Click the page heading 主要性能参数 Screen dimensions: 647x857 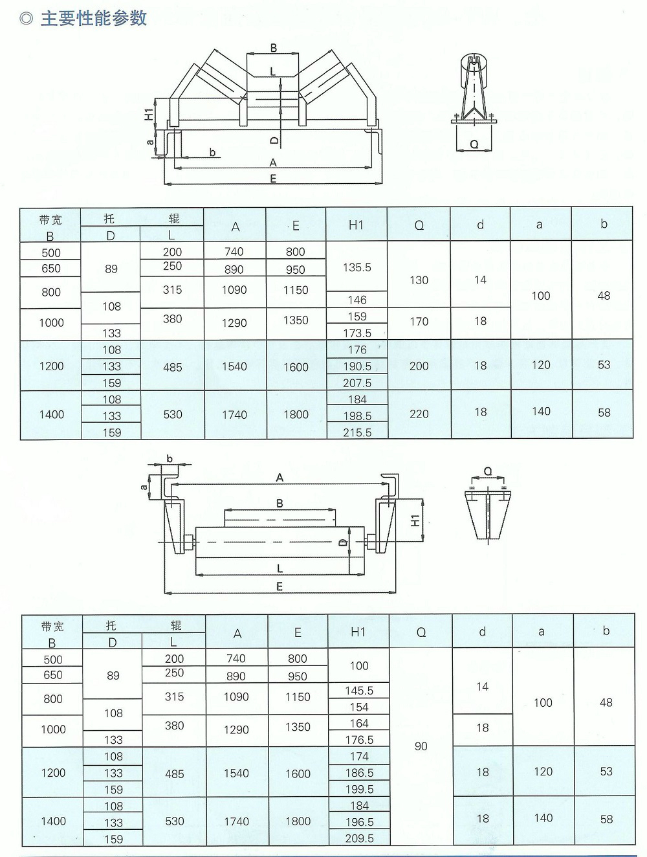(94, 18)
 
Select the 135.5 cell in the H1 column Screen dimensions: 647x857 (356, 267)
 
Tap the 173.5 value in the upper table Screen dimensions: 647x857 (356, 333)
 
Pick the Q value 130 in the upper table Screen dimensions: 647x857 (419, 280)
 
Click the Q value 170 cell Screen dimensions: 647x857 (419, 321)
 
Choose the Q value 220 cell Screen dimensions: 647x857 (419, 414)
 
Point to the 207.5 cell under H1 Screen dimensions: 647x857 (356, 383)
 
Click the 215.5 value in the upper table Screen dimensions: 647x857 (356, 432)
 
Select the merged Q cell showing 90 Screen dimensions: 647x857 (421, 746)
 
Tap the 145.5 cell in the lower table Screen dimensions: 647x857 (359, 691)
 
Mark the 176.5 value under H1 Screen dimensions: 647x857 (359, 739)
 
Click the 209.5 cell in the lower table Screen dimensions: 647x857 (359, 838)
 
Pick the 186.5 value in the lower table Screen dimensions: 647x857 (359, 773)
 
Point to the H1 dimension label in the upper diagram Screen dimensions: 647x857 (149, 114)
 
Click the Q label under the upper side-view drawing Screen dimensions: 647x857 (474, 144)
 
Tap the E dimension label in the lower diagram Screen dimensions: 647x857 (279, 586)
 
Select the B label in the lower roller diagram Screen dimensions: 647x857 (280, 504)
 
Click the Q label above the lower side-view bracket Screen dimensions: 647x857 (488, 471)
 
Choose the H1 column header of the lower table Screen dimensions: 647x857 (358, 632)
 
